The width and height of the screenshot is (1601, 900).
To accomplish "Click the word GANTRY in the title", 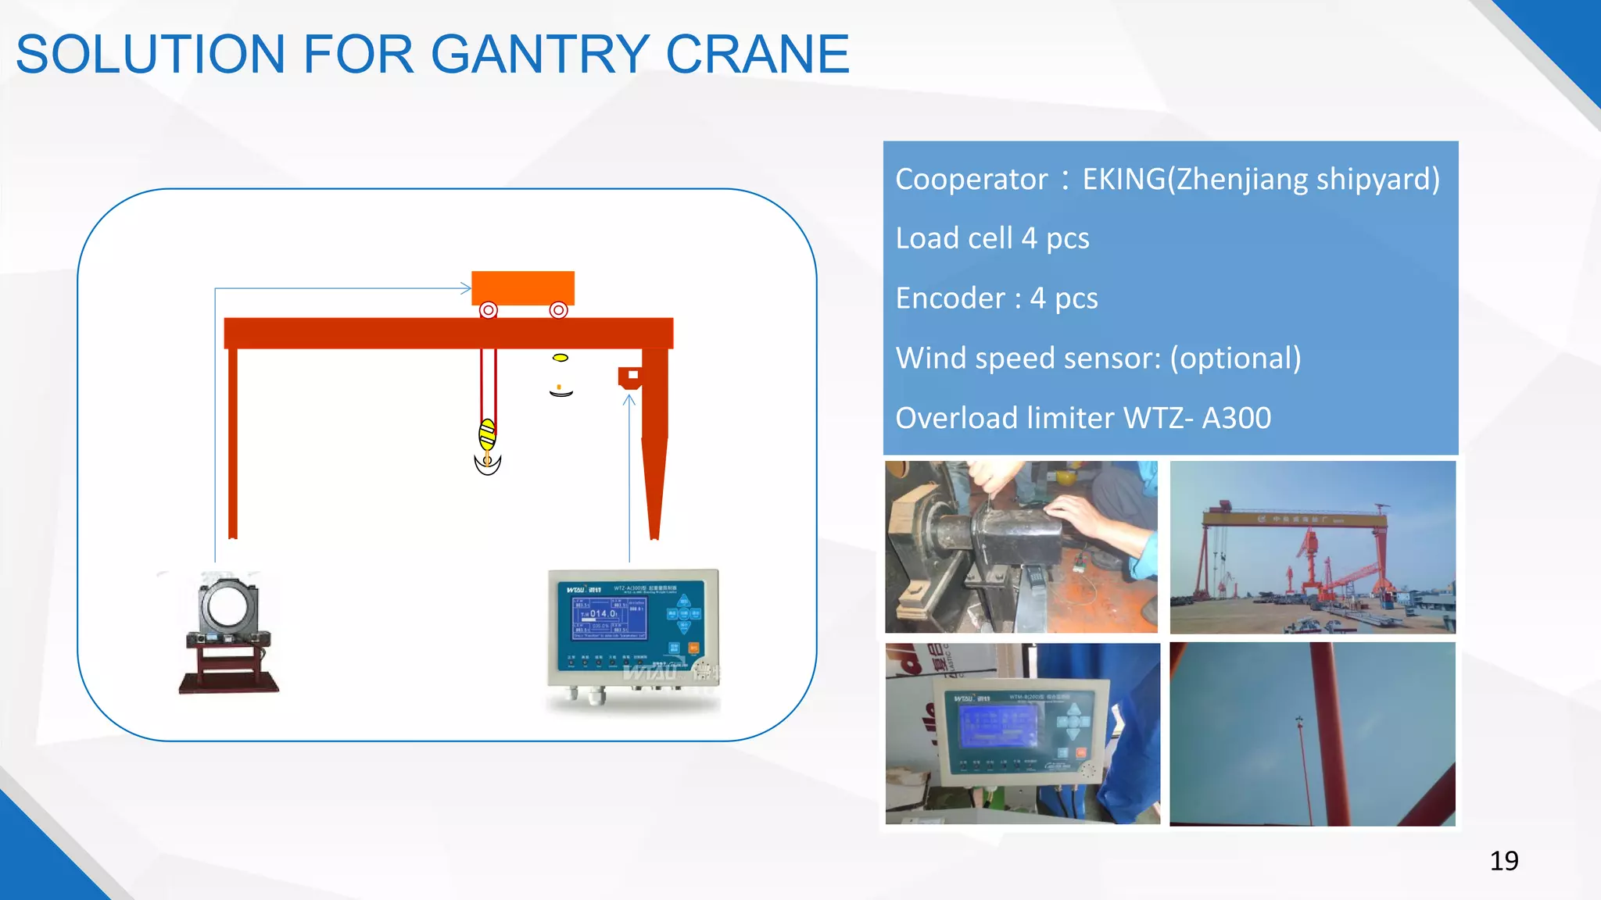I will click(539, 55).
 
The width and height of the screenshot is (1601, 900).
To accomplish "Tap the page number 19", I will click(1504, 861).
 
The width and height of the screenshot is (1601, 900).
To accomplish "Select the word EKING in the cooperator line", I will click(1123, 180).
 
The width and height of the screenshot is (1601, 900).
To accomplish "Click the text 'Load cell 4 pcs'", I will click(992, 238).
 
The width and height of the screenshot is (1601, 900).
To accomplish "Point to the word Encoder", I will click(950, 298).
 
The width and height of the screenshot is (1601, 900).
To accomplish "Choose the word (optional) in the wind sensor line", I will click(1235, 359).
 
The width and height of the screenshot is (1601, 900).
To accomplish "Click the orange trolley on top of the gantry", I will click(523, 287).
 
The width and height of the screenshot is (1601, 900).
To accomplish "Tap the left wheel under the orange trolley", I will click(489, 310).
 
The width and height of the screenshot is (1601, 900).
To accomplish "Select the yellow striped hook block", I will click(487, 434).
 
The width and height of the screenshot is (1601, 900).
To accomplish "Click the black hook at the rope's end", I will click(488, 464).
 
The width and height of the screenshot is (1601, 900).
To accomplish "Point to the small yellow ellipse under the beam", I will click(561, 358).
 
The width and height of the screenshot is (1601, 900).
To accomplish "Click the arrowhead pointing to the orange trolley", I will click(466, 288).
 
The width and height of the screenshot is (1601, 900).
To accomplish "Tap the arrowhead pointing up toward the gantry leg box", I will click(629, 400).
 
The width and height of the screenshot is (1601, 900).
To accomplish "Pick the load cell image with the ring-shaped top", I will click(228, 633).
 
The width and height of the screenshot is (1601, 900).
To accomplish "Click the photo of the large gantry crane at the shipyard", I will click(1313, 547).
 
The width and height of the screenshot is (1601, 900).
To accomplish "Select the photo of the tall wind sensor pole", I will click(1313, 734).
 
